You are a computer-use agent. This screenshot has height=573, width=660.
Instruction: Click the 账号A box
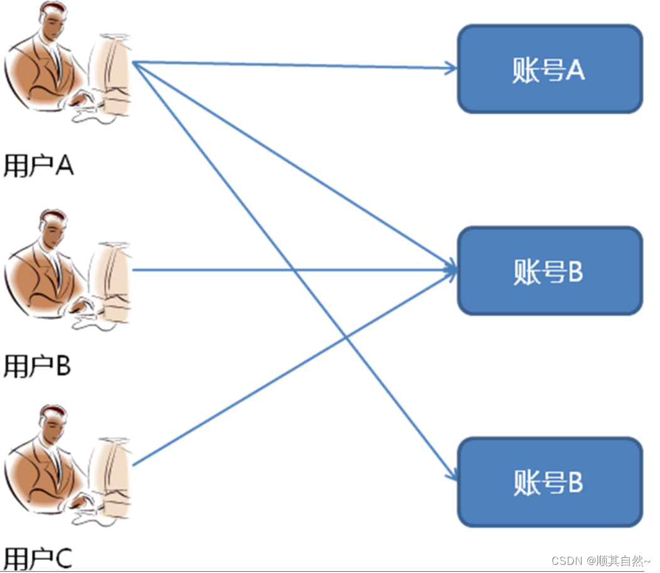point(550,69)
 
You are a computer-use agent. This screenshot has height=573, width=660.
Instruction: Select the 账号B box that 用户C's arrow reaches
point(550,271)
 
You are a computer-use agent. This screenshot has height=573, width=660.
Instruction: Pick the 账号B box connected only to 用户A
point(550,482)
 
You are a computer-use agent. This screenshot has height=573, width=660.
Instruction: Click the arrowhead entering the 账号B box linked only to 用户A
point(451,476)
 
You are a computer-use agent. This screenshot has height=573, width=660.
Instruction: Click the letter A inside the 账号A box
point(576,70)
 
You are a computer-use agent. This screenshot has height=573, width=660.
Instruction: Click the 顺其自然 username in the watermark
point(621,560)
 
